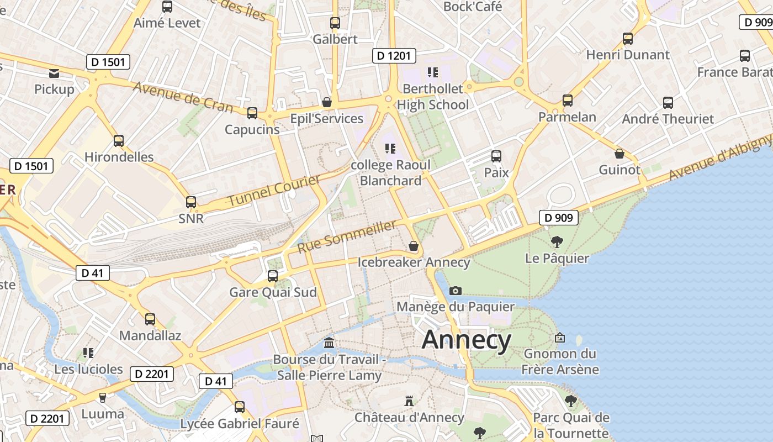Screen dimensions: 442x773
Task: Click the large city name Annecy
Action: [467, 340]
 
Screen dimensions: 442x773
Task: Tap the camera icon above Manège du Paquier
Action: [456, 291]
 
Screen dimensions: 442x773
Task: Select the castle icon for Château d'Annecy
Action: [409, 401]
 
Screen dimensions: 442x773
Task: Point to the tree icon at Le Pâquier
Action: [557, 241]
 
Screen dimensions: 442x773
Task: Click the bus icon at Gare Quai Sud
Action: [273, 276]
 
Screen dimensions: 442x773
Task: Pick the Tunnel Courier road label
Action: [274, 191]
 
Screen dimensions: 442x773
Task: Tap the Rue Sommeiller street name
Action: [347, 236]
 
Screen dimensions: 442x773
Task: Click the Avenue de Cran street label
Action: [183, 96]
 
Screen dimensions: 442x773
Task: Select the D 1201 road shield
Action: [394, 56]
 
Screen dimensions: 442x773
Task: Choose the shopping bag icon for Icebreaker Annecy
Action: [414, 246]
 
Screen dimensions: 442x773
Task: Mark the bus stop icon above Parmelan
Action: [568, 101]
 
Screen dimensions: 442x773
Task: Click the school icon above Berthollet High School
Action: [432, 72]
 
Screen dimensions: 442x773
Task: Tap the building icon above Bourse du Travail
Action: [329, 343]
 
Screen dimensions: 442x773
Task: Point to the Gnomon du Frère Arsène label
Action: [560, 361]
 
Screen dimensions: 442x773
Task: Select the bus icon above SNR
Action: [191, 202]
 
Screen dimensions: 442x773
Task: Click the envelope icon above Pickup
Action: [54, 73]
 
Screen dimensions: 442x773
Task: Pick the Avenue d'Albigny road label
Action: [719, 157]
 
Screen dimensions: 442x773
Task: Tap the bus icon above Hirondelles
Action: [119, 140]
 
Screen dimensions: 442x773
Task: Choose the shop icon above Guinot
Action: [620, 154]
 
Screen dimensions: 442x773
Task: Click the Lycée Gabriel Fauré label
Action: [240, 424]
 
